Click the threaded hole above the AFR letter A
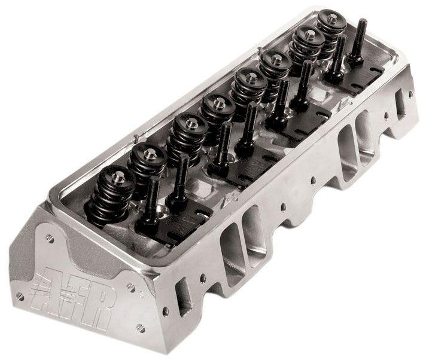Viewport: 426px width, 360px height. coord(50,239)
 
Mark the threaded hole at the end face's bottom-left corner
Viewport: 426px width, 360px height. coord(20,295)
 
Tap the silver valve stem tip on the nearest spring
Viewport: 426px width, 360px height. coord(118,175)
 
